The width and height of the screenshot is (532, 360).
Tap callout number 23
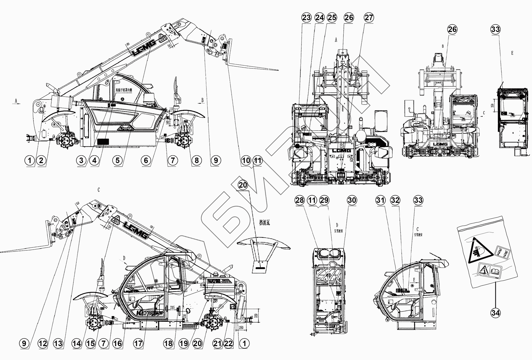(x=306, y=18)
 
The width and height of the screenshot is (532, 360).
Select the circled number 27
(x=369, y=18)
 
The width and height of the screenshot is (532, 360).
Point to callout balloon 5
(x=117, y=160)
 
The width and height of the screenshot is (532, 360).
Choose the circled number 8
(x=196, y=160)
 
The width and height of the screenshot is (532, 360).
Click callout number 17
(x=138, y=344)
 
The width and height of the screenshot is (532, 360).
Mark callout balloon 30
(x=352, y=200)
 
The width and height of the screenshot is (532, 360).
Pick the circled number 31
(x=380, y=200)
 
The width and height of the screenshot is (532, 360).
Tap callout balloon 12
(x=43, y=344)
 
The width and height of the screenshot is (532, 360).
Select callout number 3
(x=81, y=160)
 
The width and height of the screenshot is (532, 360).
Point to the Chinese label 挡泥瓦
(x=264, y=223)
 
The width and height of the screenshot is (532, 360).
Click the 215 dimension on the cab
(x=172, y=308)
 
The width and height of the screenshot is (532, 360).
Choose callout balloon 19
(x=183, y=344)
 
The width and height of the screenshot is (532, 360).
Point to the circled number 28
(x=300, y=200)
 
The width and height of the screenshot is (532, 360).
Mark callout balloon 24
(x=319, y=18)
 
